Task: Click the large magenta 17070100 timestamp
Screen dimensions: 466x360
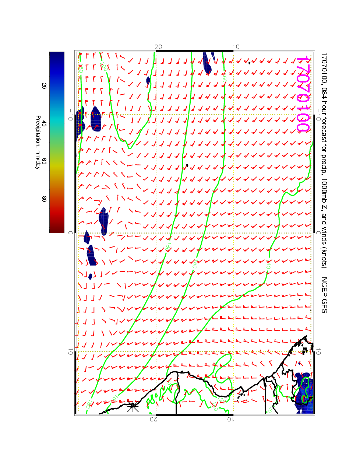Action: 303,94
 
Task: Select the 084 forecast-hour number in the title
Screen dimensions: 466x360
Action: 324,90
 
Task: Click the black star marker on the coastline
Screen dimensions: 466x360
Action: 133,407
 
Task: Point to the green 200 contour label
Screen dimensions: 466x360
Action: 104,66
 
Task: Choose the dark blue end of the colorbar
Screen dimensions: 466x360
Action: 57,55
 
